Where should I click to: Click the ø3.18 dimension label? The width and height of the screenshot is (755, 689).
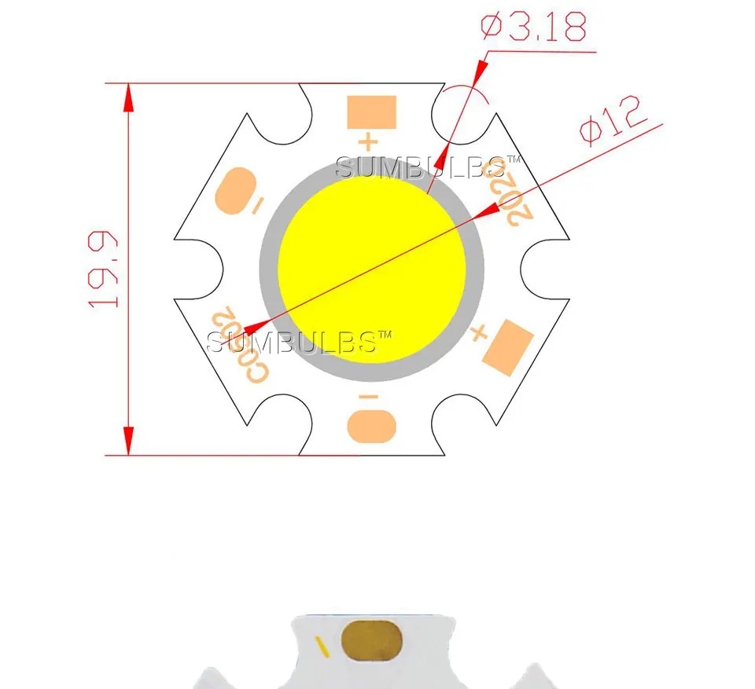click(533, 27)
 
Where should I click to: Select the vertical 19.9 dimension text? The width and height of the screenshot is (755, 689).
click(104, 268)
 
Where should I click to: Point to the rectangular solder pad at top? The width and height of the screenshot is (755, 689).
click(372, 112)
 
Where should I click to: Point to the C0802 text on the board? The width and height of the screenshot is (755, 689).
click(238, 345)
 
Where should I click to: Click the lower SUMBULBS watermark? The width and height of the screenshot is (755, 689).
click(298, 342)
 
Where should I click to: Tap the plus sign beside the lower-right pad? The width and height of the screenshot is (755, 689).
click(477, 334)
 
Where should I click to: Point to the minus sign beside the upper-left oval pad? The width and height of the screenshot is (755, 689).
click(257, 206)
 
